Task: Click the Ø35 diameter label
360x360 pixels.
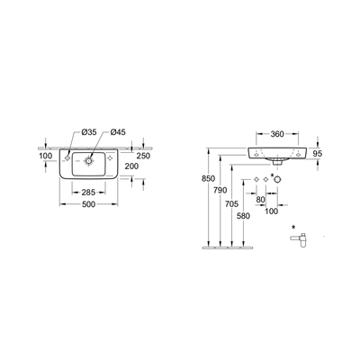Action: pos(88,133)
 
